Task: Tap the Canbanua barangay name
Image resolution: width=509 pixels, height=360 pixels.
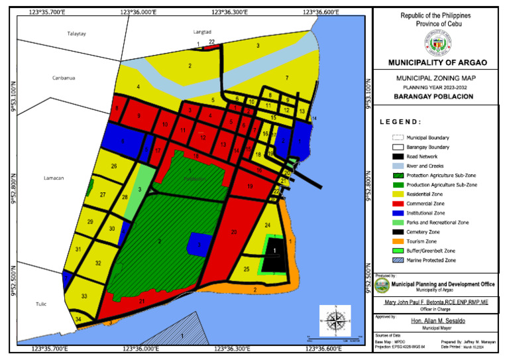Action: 64,78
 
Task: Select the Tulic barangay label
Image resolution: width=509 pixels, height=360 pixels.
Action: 41,304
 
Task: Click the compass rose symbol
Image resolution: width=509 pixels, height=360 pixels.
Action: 335,321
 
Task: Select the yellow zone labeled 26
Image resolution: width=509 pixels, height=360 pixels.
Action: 114,166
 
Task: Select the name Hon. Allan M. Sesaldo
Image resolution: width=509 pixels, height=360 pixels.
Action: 437,320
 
